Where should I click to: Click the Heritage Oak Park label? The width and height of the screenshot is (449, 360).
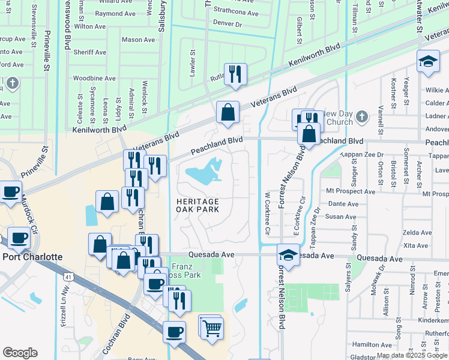tap(198, 205)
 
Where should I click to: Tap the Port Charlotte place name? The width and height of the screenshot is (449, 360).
tap(32, 257)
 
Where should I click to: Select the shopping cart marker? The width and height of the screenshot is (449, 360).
tap(211, 328)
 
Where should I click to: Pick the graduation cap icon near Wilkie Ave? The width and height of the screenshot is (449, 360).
tap(428, 62)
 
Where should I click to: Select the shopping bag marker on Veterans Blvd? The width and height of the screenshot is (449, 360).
tap(228, 112)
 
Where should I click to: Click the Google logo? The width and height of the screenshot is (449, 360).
tap(20, 353)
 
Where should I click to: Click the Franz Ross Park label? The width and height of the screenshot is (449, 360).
tap(186, 271)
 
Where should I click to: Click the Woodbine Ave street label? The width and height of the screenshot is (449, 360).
tap(94, 79)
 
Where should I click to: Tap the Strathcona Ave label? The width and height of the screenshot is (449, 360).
tap(235, 13)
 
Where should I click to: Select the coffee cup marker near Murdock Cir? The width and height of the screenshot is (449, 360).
tap(11, 191)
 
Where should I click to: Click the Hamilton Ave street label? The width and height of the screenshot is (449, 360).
tap(372, 344)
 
